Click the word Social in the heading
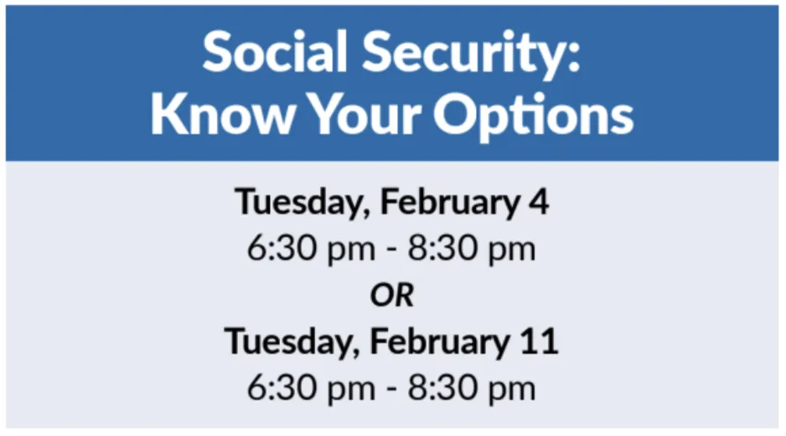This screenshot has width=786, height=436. [x=275, y=52]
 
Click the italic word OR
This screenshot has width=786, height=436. [x=392, y=295]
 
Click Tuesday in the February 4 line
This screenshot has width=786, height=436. [x=303, y=203]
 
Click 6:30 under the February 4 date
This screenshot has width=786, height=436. [x=283, y=248]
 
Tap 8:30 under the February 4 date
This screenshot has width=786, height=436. [x=443, y=248]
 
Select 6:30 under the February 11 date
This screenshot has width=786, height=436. [x=283, y=388]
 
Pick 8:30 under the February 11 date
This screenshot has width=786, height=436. [x=443, y=388]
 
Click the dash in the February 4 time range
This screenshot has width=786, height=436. [x=392, y=251]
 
